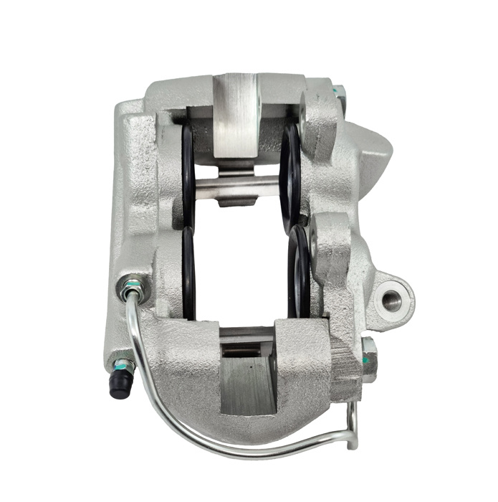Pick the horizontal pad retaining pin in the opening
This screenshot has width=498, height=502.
point(236,184)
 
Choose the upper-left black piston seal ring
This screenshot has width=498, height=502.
point(188,172)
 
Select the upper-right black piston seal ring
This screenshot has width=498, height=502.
point(290,172)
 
